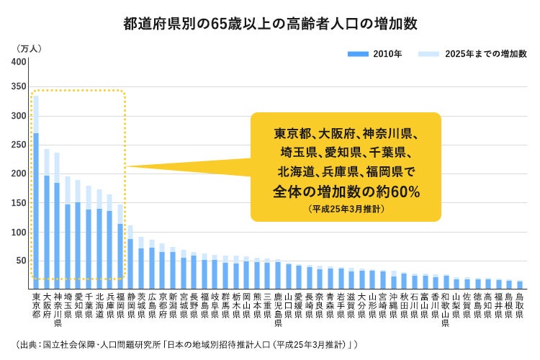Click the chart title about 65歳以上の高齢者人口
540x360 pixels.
point(270,23)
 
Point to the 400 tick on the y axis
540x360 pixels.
point(18,61)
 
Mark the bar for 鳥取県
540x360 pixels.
point(519,284)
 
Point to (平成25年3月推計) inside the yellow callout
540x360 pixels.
point(346,209)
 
